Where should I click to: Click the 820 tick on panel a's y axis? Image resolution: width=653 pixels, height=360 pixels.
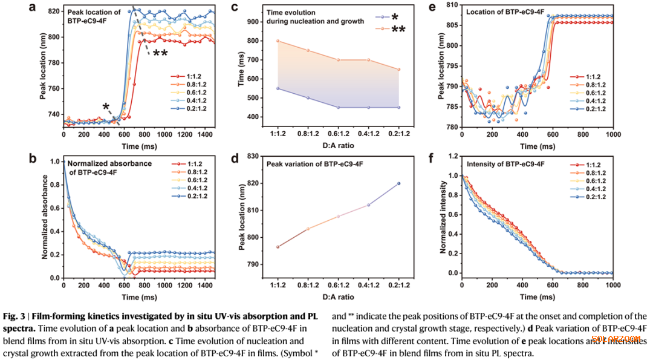pyautogui.click(x=52, y=11)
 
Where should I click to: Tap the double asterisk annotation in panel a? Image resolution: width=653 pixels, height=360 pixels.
pyautogui.click(x=160, y=54)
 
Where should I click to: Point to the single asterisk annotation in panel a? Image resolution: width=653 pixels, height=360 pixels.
pyautogui.click(x=106, y=107)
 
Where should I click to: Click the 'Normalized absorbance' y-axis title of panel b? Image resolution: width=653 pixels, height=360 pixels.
pyautogui.click(x=45, y=218)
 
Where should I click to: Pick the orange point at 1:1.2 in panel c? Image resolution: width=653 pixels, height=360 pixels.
pyautogui.click(x=278, y=41)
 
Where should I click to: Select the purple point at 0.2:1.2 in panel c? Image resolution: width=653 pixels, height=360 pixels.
pyautogui.click(x=398, y=107)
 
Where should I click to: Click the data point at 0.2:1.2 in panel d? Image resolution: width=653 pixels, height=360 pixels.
pyautogui.click(x=398, y=183)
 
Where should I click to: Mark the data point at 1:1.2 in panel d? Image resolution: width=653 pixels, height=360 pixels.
pyautogui.click(x=278, y=247)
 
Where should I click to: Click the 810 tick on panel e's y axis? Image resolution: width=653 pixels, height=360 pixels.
pyautogui.click(x=450, y=5)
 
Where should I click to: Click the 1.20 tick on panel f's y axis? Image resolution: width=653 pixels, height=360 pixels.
pyautogui.click(x=449, y=156)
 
